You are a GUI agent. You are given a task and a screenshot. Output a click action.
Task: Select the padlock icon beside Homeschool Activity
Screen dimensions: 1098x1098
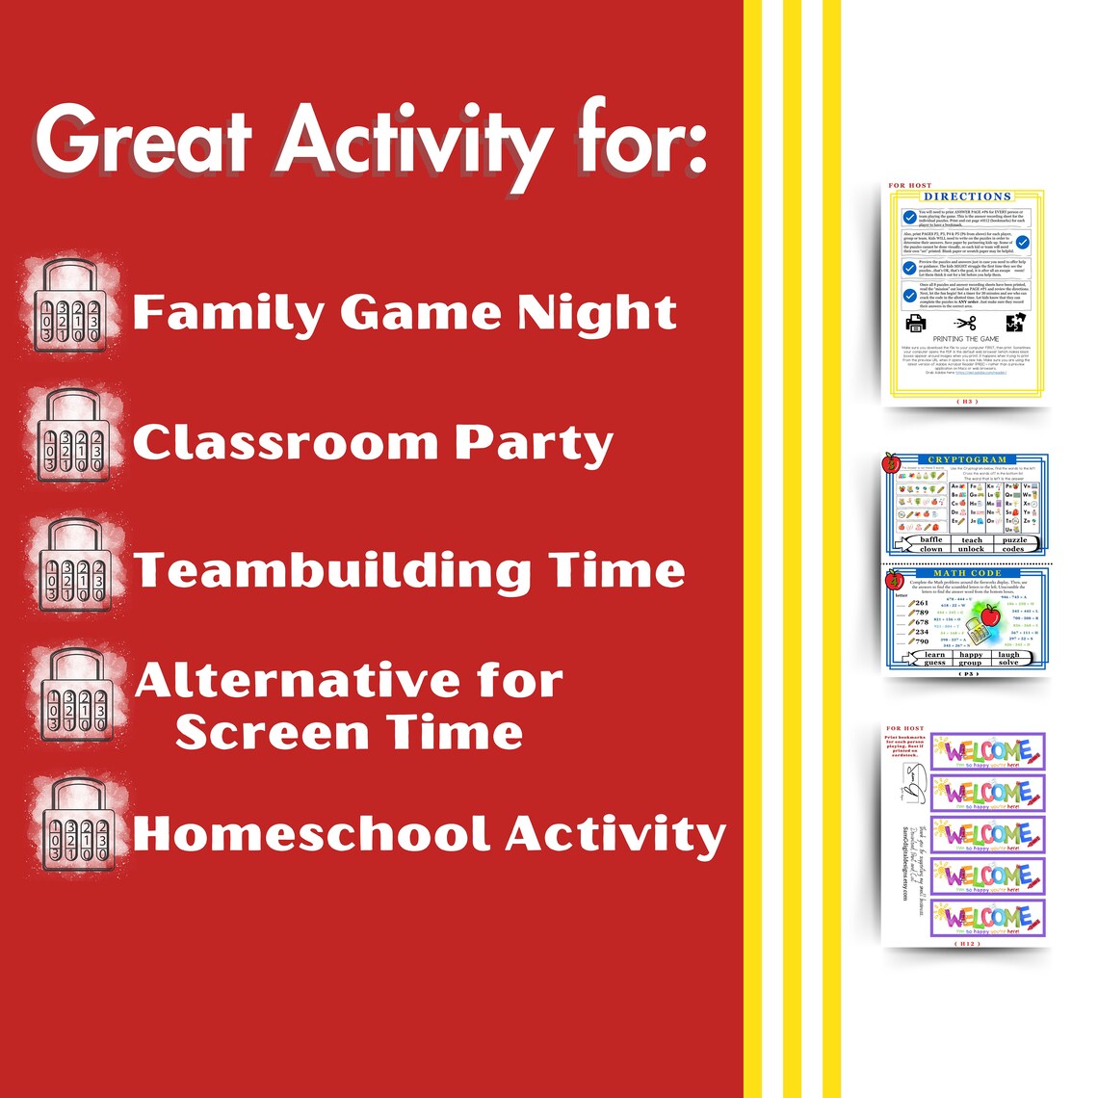click(x=73, y=829)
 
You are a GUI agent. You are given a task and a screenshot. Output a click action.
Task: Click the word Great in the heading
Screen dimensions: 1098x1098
click(x=144, y=142)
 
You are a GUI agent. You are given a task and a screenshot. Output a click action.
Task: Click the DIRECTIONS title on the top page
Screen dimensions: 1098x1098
click(x=967, y=196)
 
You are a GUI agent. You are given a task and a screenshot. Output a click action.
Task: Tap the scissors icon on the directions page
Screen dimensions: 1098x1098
click(x=965, y=323)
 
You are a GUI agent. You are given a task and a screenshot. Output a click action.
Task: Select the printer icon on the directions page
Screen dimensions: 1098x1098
click(x=914, y=323)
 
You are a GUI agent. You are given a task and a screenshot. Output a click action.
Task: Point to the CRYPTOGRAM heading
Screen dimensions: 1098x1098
click(x=966, y=460)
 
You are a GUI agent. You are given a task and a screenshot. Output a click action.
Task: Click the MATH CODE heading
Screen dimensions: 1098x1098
click(x=966, y=573)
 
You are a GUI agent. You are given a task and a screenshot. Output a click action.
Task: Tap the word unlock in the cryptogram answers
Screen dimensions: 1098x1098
click(x=971, y=549)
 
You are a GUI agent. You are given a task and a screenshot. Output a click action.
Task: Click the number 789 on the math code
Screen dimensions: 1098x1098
click(x=922, y=613)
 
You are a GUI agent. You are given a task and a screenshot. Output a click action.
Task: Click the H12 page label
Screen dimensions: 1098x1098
click(x=966, y=944)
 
